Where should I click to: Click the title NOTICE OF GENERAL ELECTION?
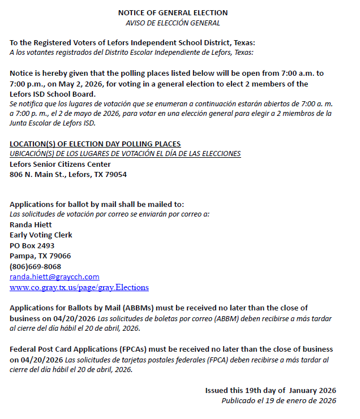coord(173,12)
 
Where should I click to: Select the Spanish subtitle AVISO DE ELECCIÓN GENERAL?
coord(173,23)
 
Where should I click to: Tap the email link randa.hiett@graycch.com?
coord(54,277)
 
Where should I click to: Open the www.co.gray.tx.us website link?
coord(79,287)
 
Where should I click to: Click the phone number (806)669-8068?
coord(35,266)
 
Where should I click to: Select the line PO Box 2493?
coord(32,245)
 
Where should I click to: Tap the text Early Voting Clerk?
coord(41,235)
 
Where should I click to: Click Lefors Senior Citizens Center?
coord(60,164)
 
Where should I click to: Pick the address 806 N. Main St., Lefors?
coord(68,175)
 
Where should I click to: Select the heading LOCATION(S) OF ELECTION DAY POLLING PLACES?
coord(95,144)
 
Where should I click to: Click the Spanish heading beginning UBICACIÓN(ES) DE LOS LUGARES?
coord(125,154)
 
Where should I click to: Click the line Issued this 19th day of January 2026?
coord(270,391)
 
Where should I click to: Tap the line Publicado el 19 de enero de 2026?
coord(278,401)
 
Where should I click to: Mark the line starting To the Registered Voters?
coord(132,43)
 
